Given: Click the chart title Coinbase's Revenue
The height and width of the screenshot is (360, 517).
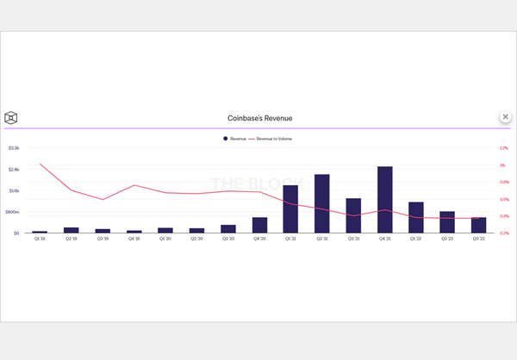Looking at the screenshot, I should (x=258, y=117).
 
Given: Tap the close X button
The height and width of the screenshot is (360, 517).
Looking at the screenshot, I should (x=505, y=116).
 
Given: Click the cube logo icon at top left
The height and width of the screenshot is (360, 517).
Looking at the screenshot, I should (x=11, y=118).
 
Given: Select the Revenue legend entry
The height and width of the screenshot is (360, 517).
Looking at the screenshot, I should (x=236, y=138).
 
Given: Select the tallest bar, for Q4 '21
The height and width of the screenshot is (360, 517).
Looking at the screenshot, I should (x=385, y=200).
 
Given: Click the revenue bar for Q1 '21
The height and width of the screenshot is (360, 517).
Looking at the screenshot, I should (x=290, y=209).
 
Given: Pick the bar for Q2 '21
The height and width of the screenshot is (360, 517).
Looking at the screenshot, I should (x=322, y=204).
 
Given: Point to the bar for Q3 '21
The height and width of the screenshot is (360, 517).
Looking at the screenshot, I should (x=353, y=216).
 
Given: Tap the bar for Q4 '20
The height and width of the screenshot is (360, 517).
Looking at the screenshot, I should (x=259, y=226).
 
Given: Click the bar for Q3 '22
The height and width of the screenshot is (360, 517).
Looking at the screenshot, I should (x=479, y=226).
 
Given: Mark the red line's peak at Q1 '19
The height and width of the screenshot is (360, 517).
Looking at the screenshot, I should (x=40, y=164).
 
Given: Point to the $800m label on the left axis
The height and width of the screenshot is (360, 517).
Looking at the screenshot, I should (x=13, y=212).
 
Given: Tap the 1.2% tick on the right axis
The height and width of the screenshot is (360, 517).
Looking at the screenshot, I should (x=504, y=148).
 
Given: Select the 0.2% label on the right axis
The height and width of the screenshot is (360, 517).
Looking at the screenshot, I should (x=504, y=233).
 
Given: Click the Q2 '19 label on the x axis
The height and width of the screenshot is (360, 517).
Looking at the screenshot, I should (x=72, y=239).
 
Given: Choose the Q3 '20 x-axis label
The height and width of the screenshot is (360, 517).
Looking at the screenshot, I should (x=228, y=239).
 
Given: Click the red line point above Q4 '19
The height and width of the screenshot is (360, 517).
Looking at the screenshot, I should (x=134, y=185).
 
